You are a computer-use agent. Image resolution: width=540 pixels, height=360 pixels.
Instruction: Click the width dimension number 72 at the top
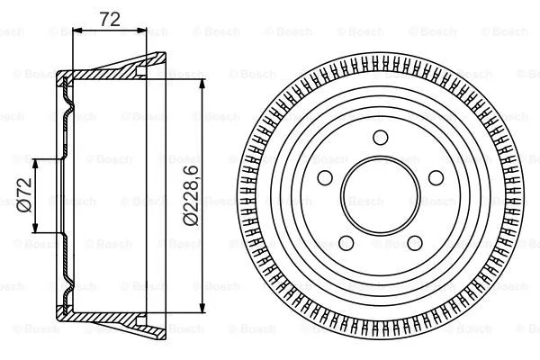point(108,17)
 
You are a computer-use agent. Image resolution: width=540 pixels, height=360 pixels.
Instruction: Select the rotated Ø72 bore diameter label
point(24,195)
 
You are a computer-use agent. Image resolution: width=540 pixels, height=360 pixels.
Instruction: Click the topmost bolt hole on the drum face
point(379,137)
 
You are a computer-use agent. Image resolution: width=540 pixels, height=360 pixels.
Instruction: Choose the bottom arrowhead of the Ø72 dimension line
point(37,229)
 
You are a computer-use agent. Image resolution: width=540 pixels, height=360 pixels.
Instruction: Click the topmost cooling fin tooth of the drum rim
point(379,57)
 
